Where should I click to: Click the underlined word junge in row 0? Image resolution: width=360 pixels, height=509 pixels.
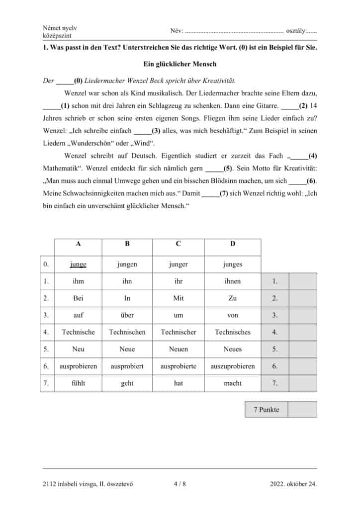tap(78, 264)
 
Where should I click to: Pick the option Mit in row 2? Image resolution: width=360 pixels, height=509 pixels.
tap(179, 298)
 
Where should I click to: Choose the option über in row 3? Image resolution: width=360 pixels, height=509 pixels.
tap(127, 315)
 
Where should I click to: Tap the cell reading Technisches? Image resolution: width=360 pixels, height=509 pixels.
tap(233, 332)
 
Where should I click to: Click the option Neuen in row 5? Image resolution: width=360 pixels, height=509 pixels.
tap(179, 349)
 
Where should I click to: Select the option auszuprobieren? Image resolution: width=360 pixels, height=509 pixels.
tap(233, 366)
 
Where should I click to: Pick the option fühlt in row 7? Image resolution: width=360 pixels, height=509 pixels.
tap(78, 383)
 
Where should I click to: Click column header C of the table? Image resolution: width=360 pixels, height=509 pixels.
tap(179, 244)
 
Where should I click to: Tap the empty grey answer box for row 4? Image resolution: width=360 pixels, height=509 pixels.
tap(303, 332)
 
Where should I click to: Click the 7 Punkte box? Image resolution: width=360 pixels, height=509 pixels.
tap(267, 410)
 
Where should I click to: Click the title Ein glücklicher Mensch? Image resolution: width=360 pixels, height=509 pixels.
tap(180, 64)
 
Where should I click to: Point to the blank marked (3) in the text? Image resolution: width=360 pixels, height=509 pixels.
tap(142, 131)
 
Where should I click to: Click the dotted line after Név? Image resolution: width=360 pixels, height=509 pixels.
tap(234, 31)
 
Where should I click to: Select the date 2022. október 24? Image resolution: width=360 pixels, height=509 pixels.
tap(293, 483)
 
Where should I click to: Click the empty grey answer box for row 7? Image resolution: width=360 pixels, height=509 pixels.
tap(303, 383)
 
